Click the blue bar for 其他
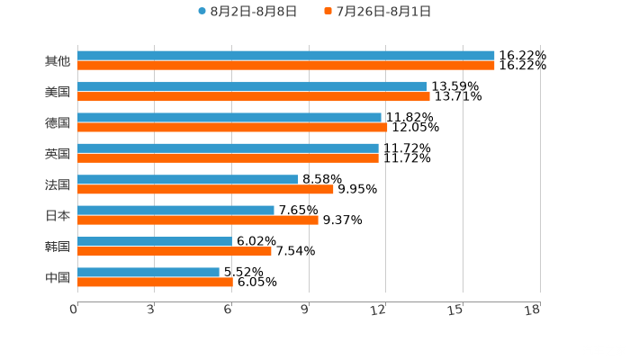pos(286,56)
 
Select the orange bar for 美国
pos(254,96)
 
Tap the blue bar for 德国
pos(229,117)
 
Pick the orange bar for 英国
pos(228,158)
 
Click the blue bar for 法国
pos(188,179)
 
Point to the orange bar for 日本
pos(198,220)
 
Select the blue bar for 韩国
pos(155,241)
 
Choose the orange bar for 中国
pos(155,282)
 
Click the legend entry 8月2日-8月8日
pos(247,12)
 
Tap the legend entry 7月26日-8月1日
pos(378,12)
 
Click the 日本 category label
pos(58,215)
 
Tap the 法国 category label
pos(58,184)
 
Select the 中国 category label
pos(58,277)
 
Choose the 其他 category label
pos(58,61)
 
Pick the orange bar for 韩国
pos(175,251)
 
